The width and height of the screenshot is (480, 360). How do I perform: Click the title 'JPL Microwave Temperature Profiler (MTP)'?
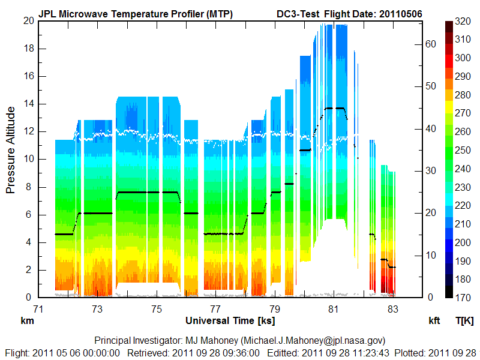click(x=136, y=13)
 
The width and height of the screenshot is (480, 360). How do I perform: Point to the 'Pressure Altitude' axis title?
click(x=11, y=150)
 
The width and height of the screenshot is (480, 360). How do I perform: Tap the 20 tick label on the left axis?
click(x=28, y=20)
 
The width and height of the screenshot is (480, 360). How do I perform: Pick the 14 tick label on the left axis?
click(x=28, y=104)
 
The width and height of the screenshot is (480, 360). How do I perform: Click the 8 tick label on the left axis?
click(x=30, y=187)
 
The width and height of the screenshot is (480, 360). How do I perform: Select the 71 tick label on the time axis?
click(x=38, y=310)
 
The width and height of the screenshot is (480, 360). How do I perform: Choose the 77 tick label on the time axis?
click(x=215, y=310)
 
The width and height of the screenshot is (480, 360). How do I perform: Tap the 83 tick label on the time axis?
click(x=393, y=310)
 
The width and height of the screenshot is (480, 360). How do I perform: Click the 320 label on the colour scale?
click(x=463, y=21)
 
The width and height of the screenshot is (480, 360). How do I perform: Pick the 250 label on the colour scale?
click(x=463, y=150)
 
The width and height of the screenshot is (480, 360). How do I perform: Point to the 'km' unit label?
click(x=26, y=321)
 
